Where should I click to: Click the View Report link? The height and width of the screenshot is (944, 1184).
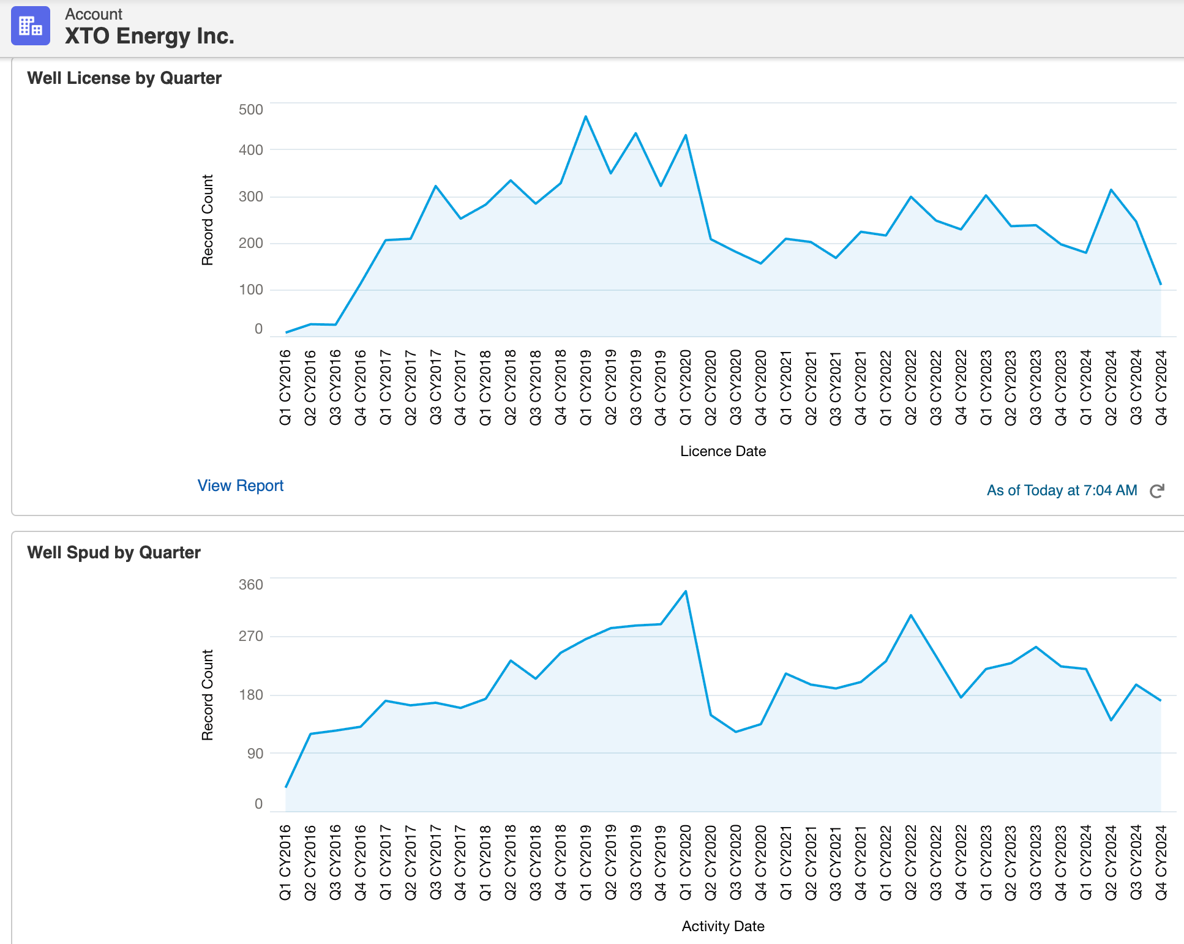pos(240,485)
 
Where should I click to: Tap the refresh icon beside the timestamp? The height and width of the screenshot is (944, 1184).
pos(1156,491)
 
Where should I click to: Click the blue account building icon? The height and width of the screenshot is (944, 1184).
pos(31,26)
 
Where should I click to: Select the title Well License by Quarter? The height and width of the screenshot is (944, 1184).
pos(124,78)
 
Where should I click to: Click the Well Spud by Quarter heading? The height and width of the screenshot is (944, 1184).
pos(114,552)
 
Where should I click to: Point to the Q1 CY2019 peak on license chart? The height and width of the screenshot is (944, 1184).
pos(586,116)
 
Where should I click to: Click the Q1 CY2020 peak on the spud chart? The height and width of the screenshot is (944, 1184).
pos(686,591)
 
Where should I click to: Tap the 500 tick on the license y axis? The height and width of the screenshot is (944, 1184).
pos(250,110)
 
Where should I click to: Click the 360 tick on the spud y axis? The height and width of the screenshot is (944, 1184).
pos(250,585)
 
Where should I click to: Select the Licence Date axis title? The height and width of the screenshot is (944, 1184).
pos(723,451)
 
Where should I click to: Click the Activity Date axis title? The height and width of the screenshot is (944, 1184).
pos(723,926)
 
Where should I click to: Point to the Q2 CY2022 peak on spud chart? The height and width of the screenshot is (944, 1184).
pos(911,615)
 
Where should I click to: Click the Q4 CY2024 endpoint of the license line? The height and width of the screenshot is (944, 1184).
pos(1161,284)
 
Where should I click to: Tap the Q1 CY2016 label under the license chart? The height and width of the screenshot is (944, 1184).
pos(285,387)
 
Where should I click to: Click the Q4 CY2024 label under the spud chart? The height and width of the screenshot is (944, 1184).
pos(1161,862)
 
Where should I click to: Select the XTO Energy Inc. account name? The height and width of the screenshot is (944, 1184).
pos(149,36)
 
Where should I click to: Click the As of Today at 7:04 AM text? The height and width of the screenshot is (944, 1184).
pos(1062,490)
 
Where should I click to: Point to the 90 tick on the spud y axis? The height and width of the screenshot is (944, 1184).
pos(255,754)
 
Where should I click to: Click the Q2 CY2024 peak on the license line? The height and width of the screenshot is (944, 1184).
pos(1111,190)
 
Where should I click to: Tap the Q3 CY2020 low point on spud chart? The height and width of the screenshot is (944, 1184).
pos(736,732)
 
